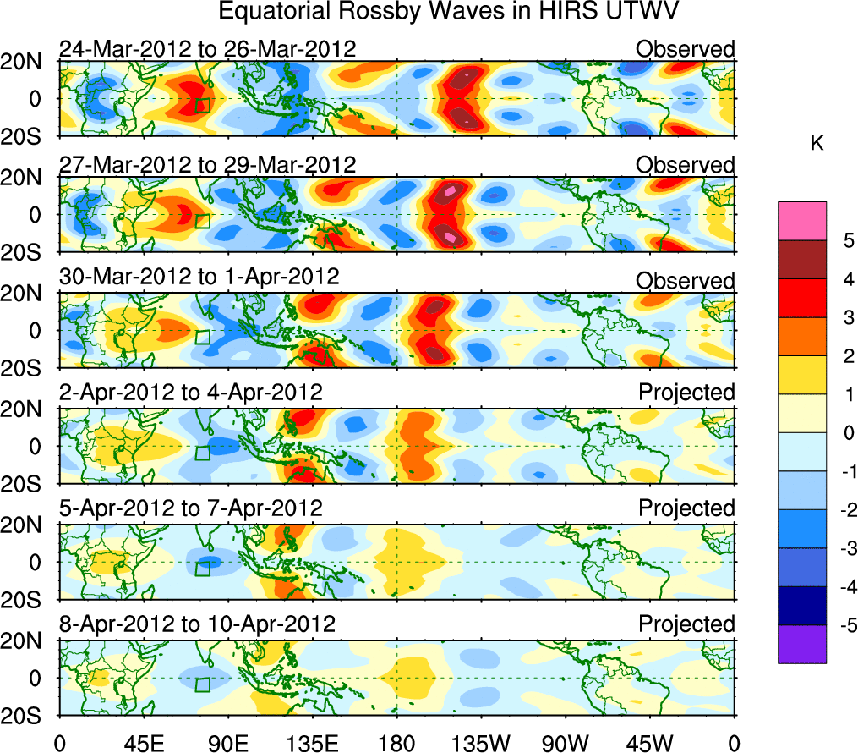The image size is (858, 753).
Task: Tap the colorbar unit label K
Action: point(817,144)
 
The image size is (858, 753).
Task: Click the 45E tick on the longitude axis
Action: point(143,744)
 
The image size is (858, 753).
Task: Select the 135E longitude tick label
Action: point(312,744)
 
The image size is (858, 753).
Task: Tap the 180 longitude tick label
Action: point(396,744)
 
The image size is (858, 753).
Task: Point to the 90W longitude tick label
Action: point(566,744)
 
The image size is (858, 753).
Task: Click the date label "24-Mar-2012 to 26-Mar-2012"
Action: point(207,49)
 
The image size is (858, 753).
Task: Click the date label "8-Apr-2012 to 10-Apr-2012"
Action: point(197,624)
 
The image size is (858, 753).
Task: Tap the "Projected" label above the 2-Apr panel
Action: point(686,392)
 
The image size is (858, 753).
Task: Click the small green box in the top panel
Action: point(203,105)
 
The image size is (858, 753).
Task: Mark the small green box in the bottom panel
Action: point(203,684)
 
